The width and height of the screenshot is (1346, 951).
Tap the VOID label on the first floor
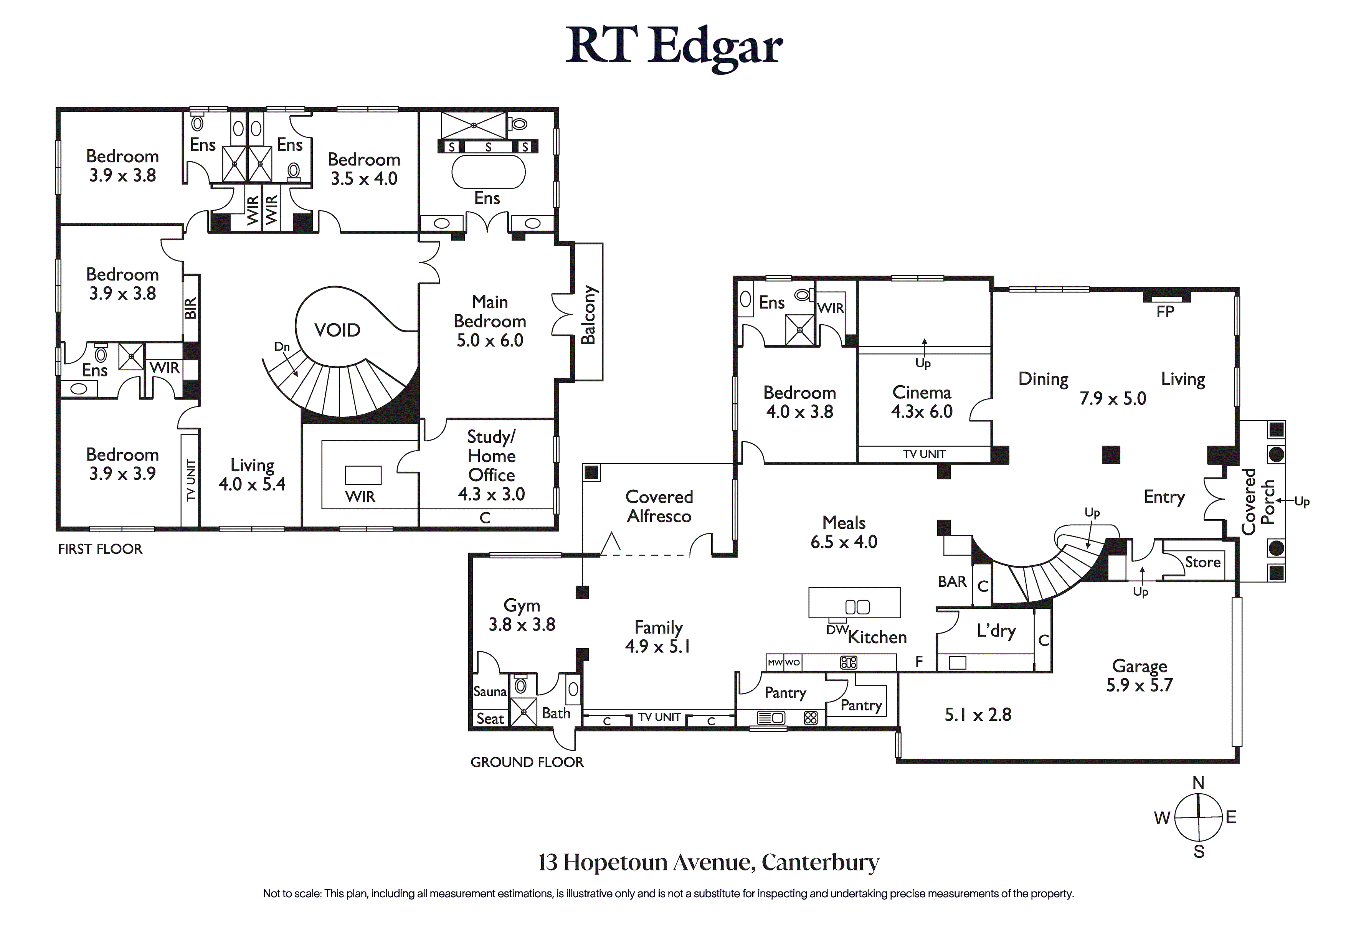tap(337, 330)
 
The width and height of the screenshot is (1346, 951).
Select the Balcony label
tap(588, 314)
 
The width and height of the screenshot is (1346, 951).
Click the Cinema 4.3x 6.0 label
tap(922, 402)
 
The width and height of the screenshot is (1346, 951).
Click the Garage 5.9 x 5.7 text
tap(1139, 675)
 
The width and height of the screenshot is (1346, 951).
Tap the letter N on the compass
tap(1198, 783)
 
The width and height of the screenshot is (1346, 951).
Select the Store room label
tap(1202, 562)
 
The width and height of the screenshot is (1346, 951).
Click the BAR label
tap(952, 582)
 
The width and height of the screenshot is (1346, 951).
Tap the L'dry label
tap(996, 631)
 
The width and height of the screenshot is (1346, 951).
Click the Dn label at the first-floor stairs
tap(282, 347)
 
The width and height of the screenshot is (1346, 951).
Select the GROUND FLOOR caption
tap(527, 762)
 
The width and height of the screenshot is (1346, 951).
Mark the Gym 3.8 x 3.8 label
tap(522, 615)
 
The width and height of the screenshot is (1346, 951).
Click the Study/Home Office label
tap(491, 465)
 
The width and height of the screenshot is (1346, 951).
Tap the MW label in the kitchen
tap(775, 662)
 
